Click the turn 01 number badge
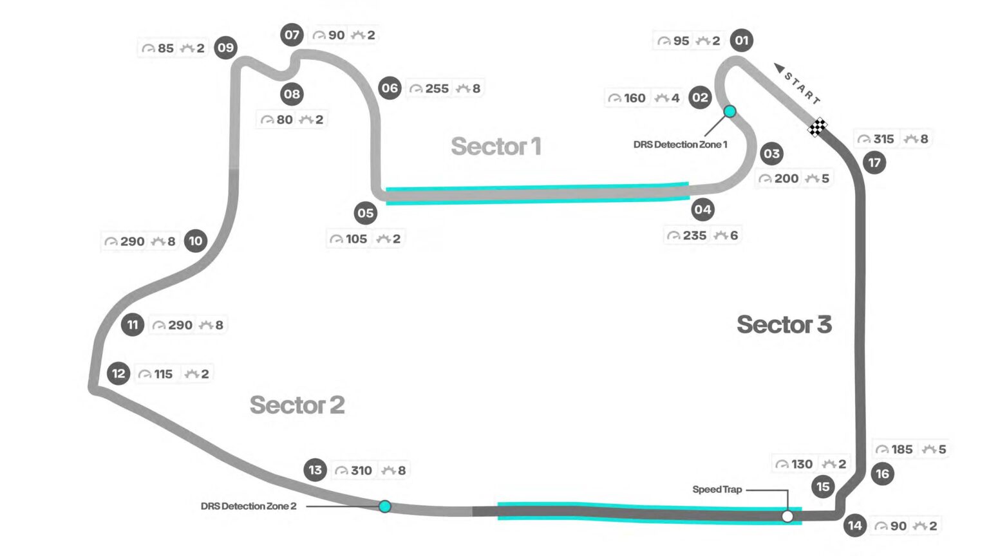pos(742,41)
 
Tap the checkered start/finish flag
pos(818,127)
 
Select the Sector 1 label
pos(496,146)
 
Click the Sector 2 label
pos(297,405)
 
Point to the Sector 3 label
pos(784,324)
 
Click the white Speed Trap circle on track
pos(787,516)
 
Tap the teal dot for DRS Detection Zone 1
pos(730,111)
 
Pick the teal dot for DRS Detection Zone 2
pos(384,506)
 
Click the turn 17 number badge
pos(874,162)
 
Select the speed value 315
pos(883,139)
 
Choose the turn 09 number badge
pos(225,48)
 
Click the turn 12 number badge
pos(118,373)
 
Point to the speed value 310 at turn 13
pos(361,470)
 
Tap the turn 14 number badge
pos(854,525)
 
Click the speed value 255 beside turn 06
pos(437,88)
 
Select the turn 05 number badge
pos(365,213)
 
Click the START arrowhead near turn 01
pos(779,68)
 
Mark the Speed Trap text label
pos(717,489)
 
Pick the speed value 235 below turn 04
pos(695,236)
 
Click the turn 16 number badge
pos(881,474)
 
